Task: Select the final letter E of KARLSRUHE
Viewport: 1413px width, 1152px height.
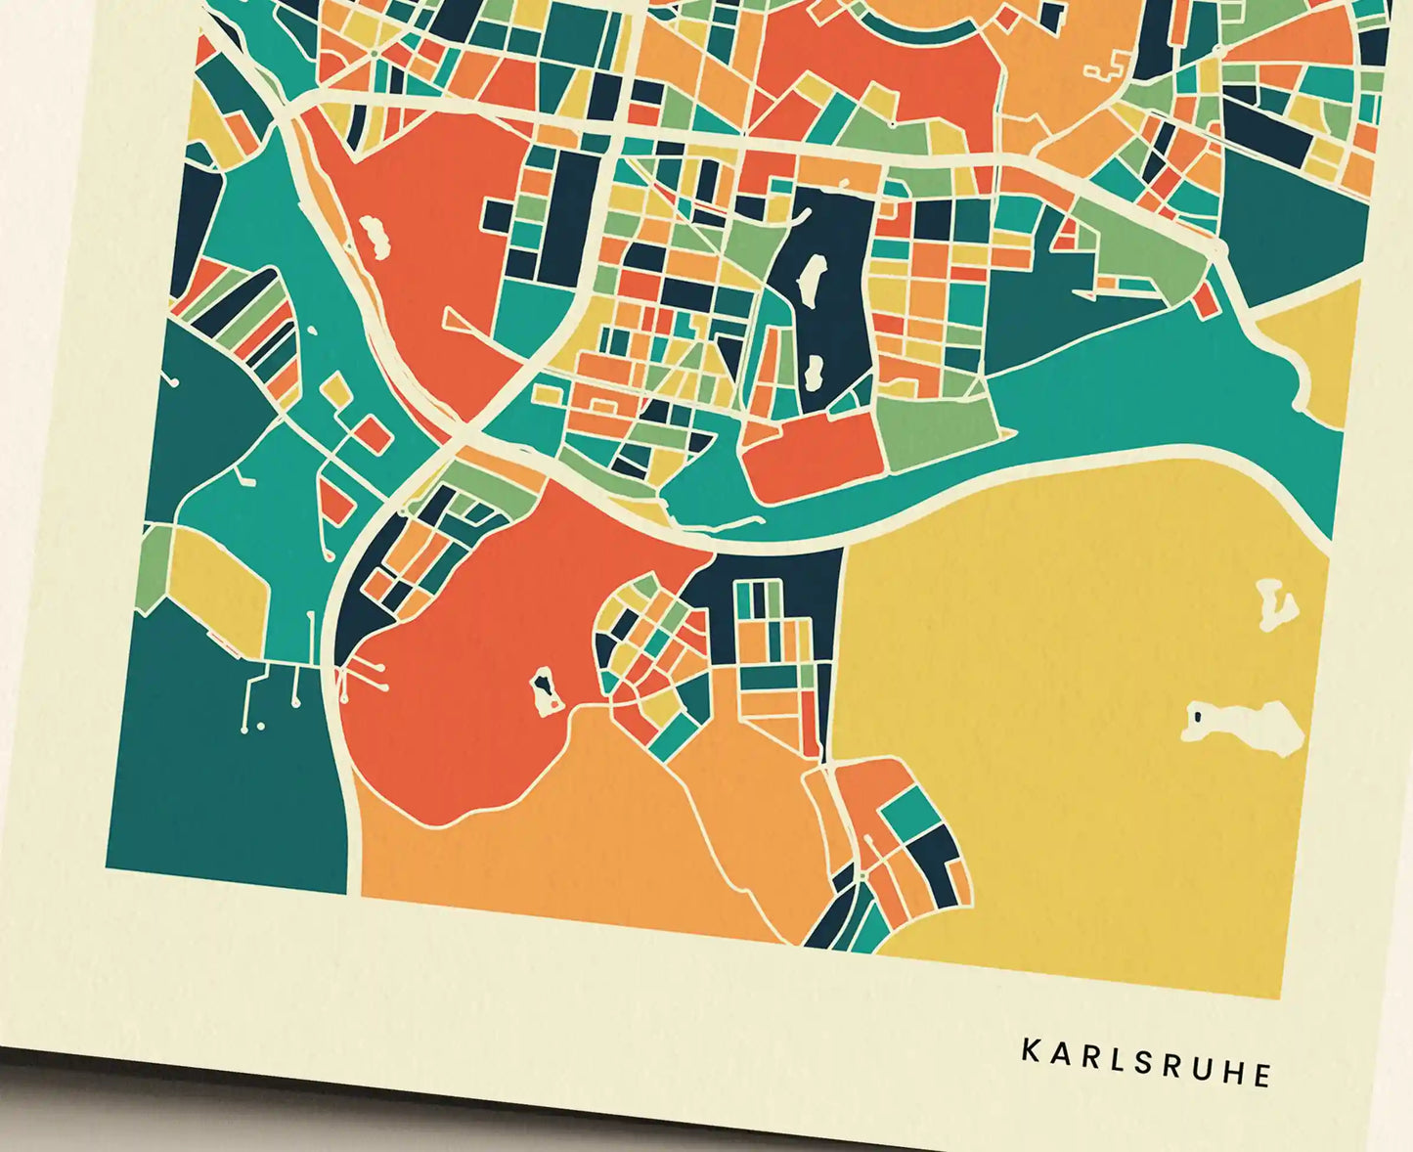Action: pos(1262,1075)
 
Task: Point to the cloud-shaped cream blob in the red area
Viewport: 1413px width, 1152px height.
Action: pos(374,238)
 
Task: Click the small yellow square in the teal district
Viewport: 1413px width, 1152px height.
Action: pos(336,391)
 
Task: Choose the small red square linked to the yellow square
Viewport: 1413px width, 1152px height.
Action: pos(372,434)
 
